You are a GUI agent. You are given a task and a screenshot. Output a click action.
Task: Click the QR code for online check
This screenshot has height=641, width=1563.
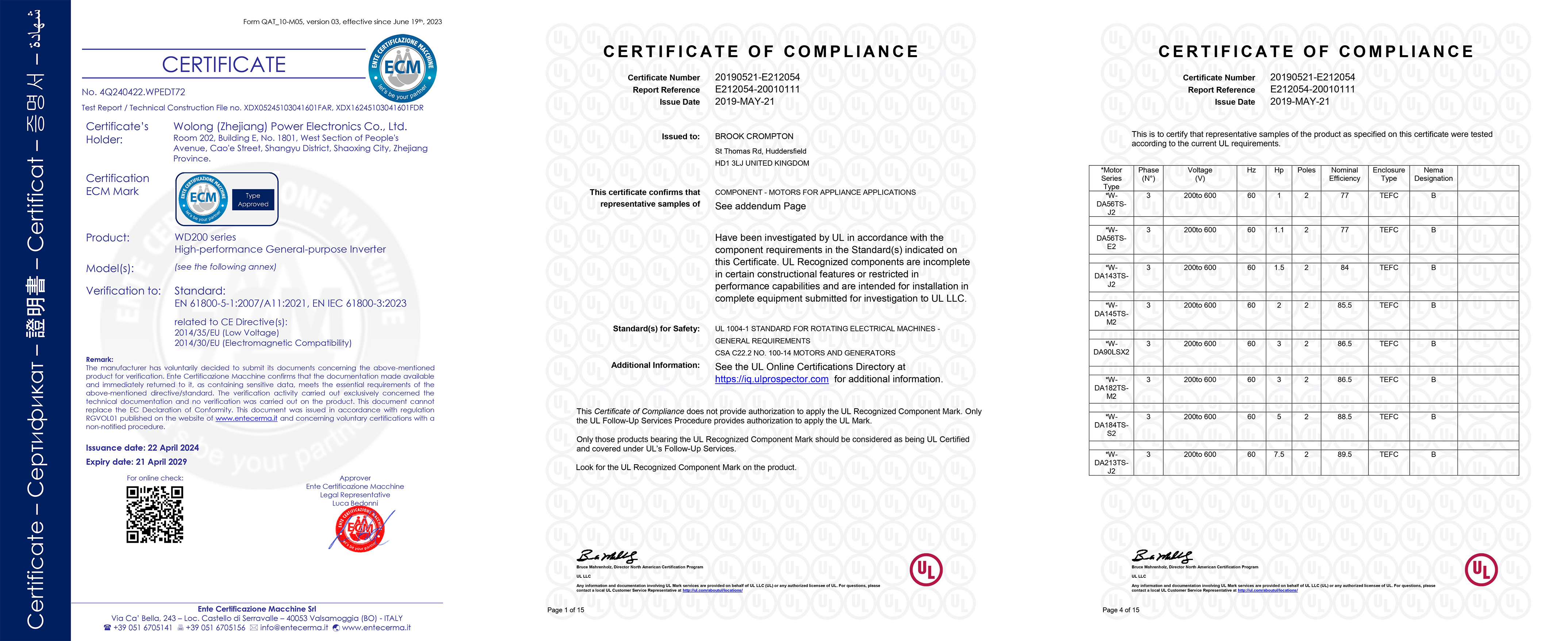[x=155, y=514]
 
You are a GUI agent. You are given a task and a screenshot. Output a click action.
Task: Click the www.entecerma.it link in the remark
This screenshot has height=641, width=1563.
[x=246, y=418]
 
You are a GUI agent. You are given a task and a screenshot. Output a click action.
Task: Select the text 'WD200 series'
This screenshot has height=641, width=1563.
[x=205, y=237]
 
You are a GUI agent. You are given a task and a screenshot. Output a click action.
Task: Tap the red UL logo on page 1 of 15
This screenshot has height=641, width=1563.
[x=926, y=569]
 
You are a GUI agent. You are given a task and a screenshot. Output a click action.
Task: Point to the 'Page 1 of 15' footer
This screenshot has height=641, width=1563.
[x=565, y=610]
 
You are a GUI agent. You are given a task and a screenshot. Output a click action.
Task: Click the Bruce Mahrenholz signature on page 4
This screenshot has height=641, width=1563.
[x=1162, y=556]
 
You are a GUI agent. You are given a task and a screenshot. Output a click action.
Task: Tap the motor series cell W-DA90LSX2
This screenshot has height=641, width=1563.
[x=1111, y=348]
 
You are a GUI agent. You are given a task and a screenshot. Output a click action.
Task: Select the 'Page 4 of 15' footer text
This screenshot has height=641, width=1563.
[x=1121, y=610]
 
